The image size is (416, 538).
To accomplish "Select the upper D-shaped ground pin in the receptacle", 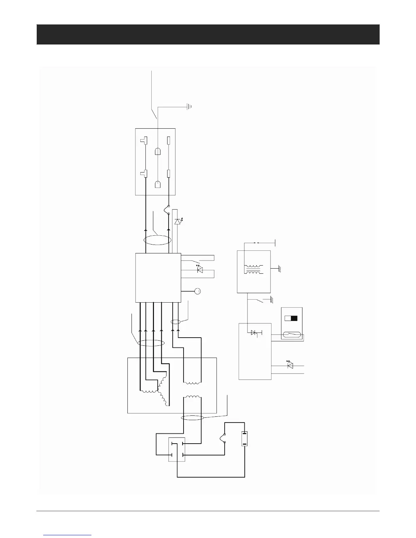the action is click(158, 151).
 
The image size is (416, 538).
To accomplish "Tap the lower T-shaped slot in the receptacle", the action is click(144, 174).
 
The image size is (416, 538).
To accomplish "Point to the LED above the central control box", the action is click(177, 222).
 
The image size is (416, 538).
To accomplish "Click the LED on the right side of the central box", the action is click(200, 270).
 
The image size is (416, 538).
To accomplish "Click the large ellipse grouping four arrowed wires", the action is click(151, 343).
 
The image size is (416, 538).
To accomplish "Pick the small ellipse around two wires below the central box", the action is click(175, 322).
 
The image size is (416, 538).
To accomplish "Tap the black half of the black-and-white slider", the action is click(294, 319).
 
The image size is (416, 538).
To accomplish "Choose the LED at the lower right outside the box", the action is click(290, 365).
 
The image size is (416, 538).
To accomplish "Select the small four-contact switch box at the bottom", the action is click(177, 449).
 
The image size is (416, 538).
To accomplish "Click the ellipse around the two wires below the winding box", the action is click(192, 418).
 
